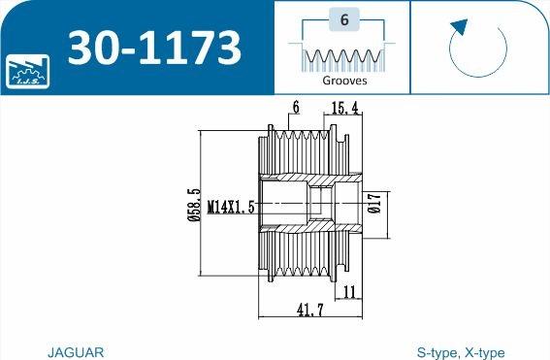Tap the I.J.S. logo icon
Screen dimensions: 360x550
pyautogui.click(x=26, y=69)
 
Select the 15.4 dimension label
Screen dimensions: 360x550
pyautogui.click(x=346, y=109)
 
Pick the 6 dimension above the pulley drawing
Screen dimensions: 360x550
pyautogui.click(x=295, y=107)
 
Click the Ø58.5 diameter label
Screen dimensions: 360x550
pyautogui.click(x=195, y=206)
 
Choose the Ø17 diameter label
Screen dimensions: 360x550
pyautogui.click(x=374, y=207)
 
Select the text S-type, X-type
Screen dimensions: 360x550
pyautogui.click(x=460, y=352)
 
